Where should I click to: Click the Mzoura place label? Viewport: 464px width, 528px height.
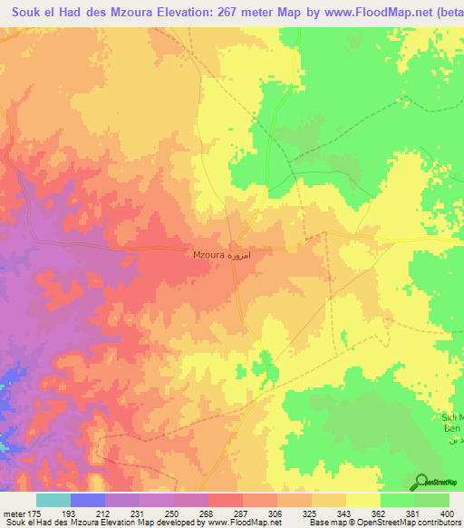[209, 256]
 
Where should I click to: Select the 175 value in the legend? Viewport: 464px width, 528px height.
[35, 513]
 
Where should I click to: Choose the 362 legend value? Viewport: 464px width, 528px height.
[380, 513]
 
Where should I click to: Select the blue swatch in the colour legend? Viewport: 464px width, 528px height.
[88, 500]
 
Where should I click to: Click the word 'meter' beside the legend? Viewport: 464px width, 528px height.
[14, 513]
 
